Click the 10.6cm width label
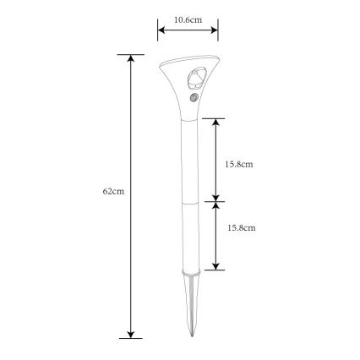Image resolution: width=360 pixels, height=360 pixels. [188, 20]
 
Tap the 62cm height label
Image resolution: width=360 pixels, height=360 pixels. [113, 191]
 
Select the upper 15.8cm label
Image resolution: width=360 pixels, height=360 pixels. [239, 164]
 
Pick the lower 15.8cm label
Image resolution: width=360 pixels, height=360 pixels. [242, 228]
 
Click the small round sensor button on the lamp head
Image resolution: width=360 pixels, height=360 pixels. [194, 98]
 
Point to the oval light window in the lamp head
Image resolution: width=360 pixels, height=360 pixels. [197, 78]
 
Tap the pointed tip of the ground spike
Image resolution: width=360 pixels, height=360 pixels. [192, 336]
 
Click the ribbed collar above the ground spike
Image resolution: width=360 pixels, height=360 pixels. [191, 272]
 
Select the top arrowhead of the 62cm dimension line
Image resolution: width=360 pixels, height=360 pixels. [130, 57]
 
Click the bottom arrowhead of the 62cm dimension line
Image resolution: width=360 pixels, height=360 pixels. [130, 335]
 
